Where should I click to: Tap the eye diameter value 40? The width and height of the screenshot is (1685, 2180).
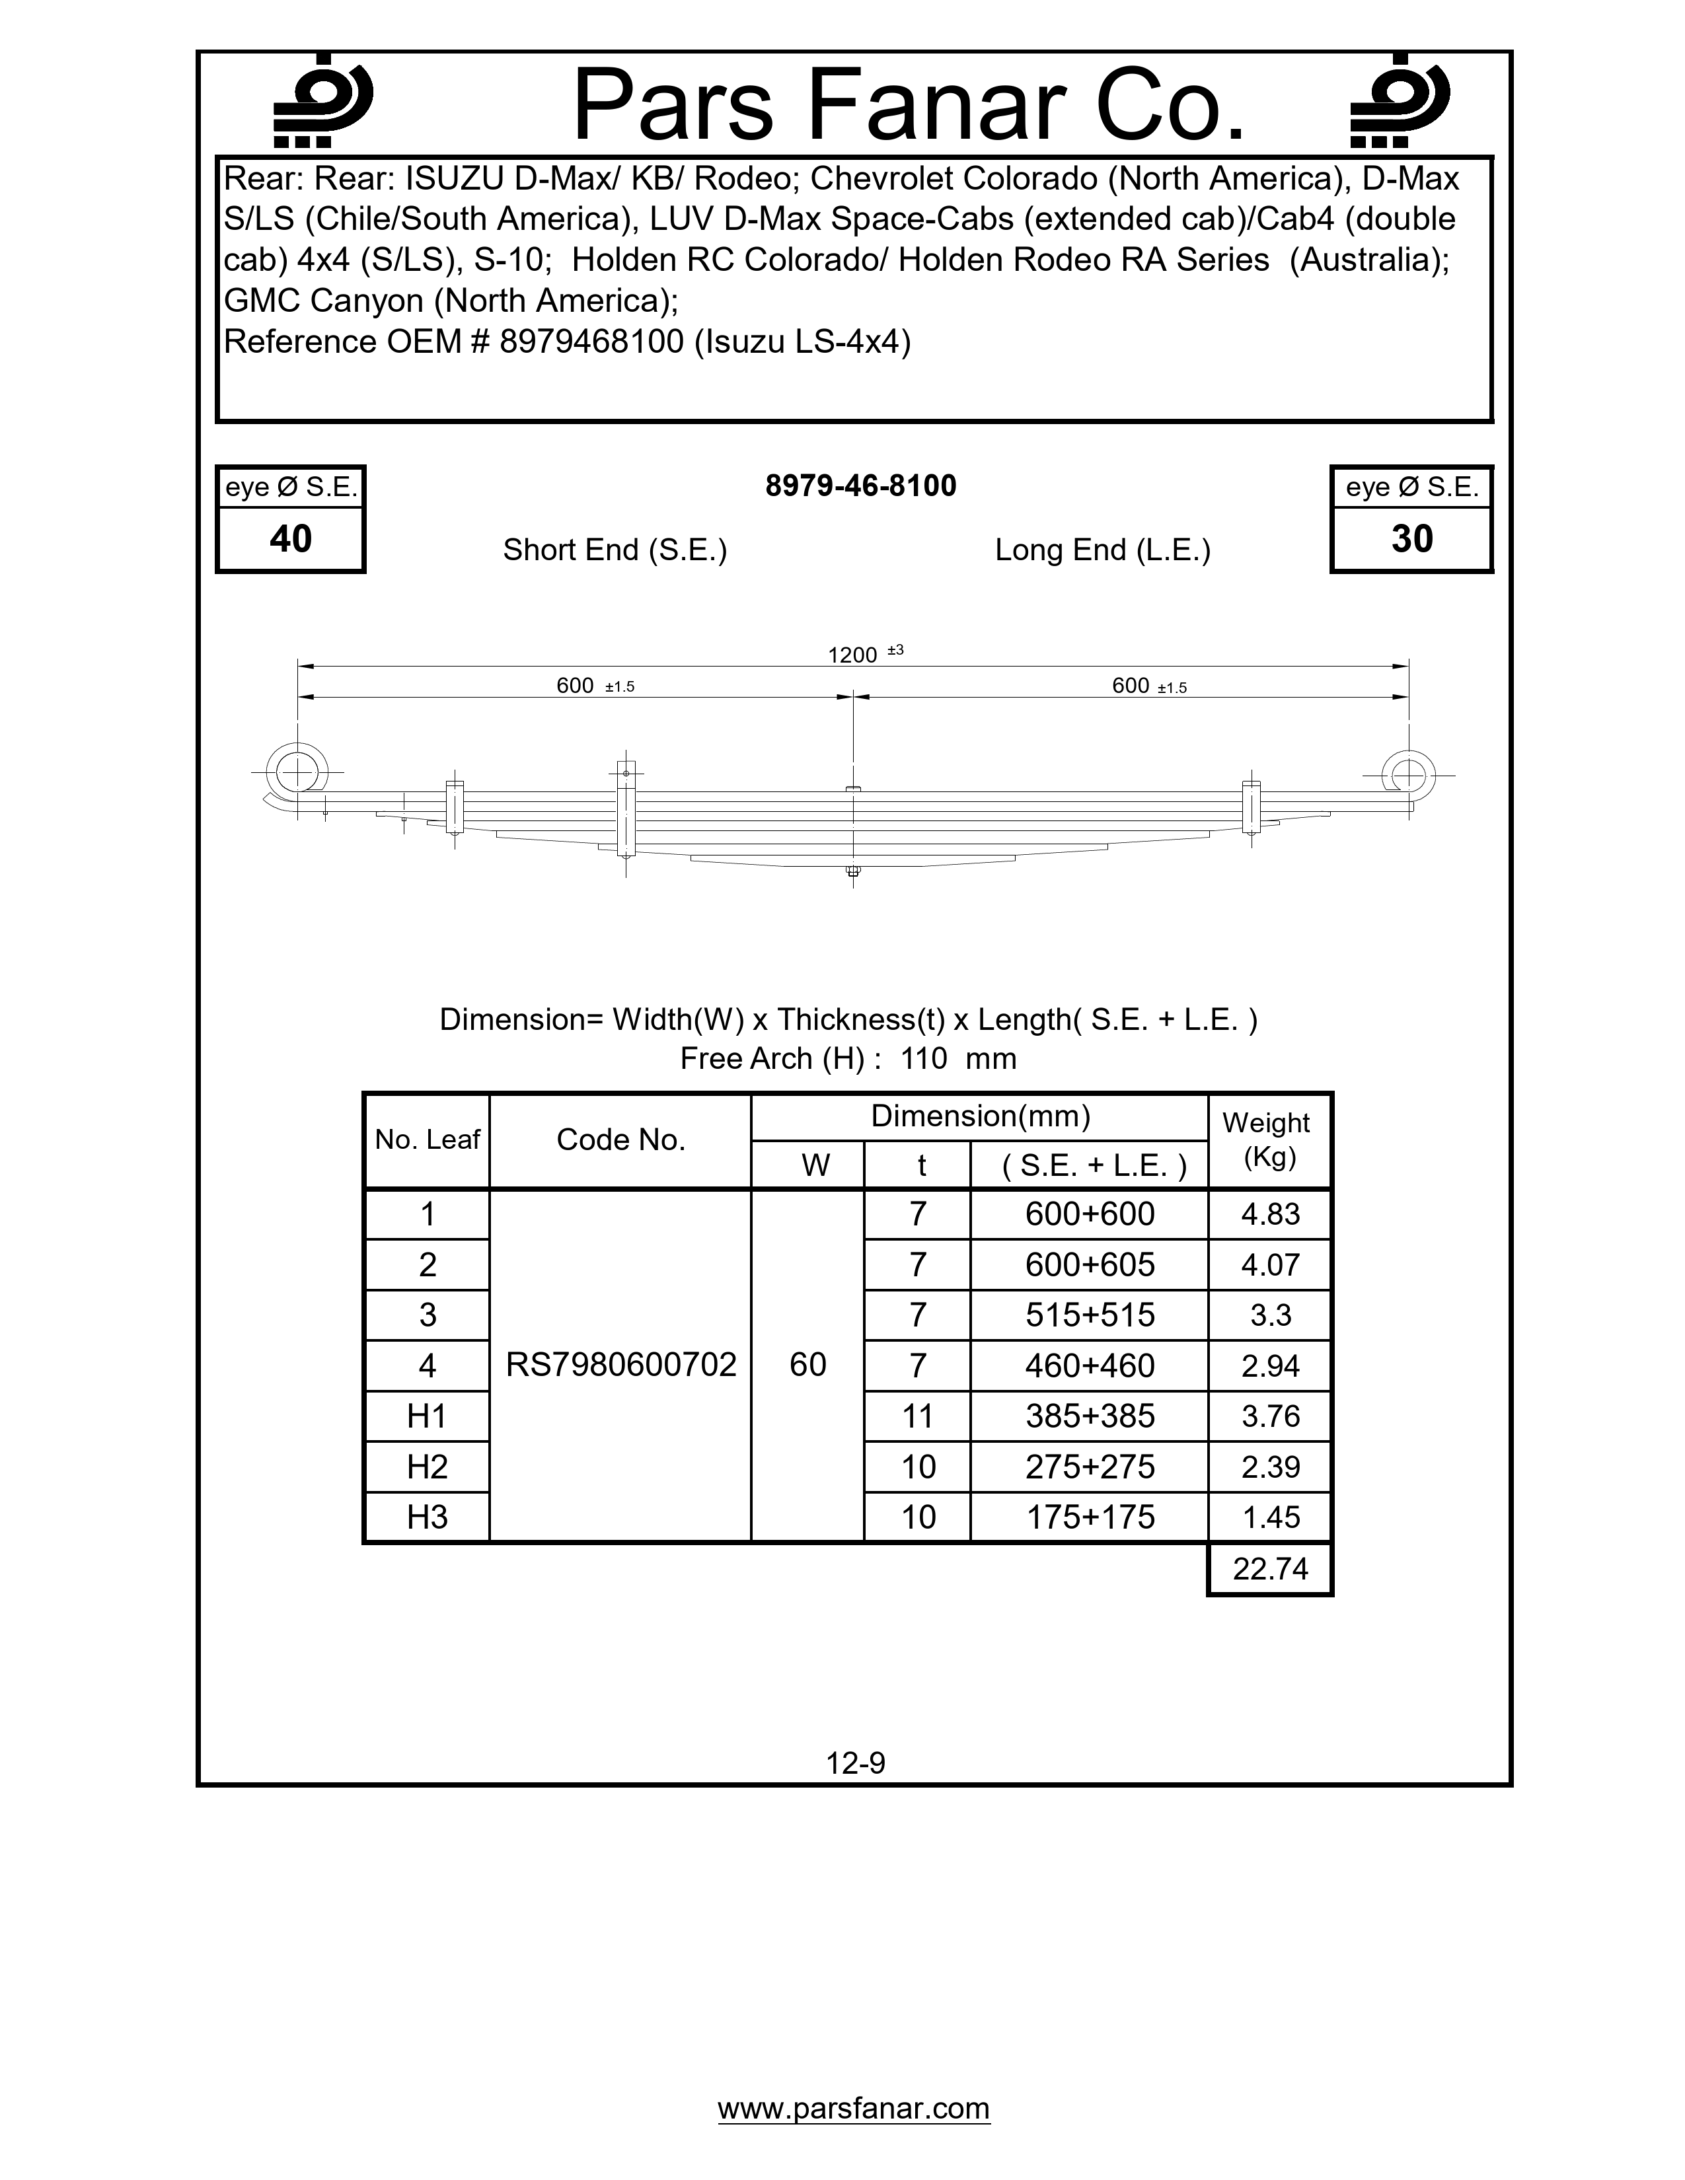click(291, 539)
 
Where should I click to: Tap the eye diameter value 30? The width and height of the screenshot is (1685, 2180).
click(1411, 539)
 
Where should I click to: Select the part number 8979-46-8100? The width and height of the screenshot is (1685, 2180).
click(860, 486)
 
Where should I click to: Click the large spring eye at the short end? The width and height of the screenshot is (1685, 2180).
click(297, 772)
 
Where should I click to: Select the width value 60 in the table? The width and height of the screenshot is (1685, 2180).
click(807, 1365)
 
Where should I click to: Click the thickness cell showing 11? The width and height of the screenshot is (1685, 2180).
click(917, 1416)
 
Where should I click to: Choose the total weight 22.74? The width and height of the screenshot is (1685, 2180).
click(1270, 1568)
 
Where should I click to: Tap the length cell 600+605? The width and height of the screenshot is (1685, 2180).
click(1089, 1264)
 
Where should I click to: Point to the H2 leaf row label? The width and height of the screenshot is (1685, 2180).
click(428, 1467)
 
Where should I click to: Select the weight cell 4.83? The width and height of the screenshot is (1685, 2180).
click(1270, 1214)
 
